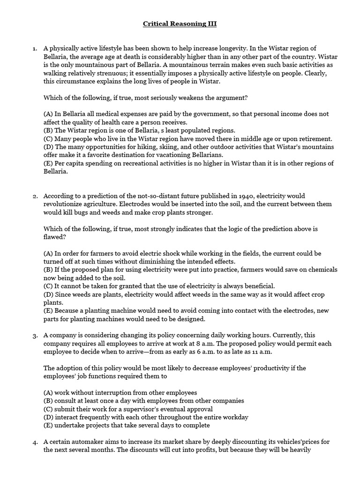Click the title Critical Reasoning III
coord(180,23)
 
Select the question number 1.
coord(34,48)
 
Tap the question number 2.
coord(34,196)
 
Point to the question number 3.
coord(34,336)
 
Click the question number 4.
coord(34,442)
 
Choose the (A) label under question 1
coord(48,114)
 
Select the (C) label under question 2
coord(48,286)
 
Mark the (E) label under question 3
coord(48,425)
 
